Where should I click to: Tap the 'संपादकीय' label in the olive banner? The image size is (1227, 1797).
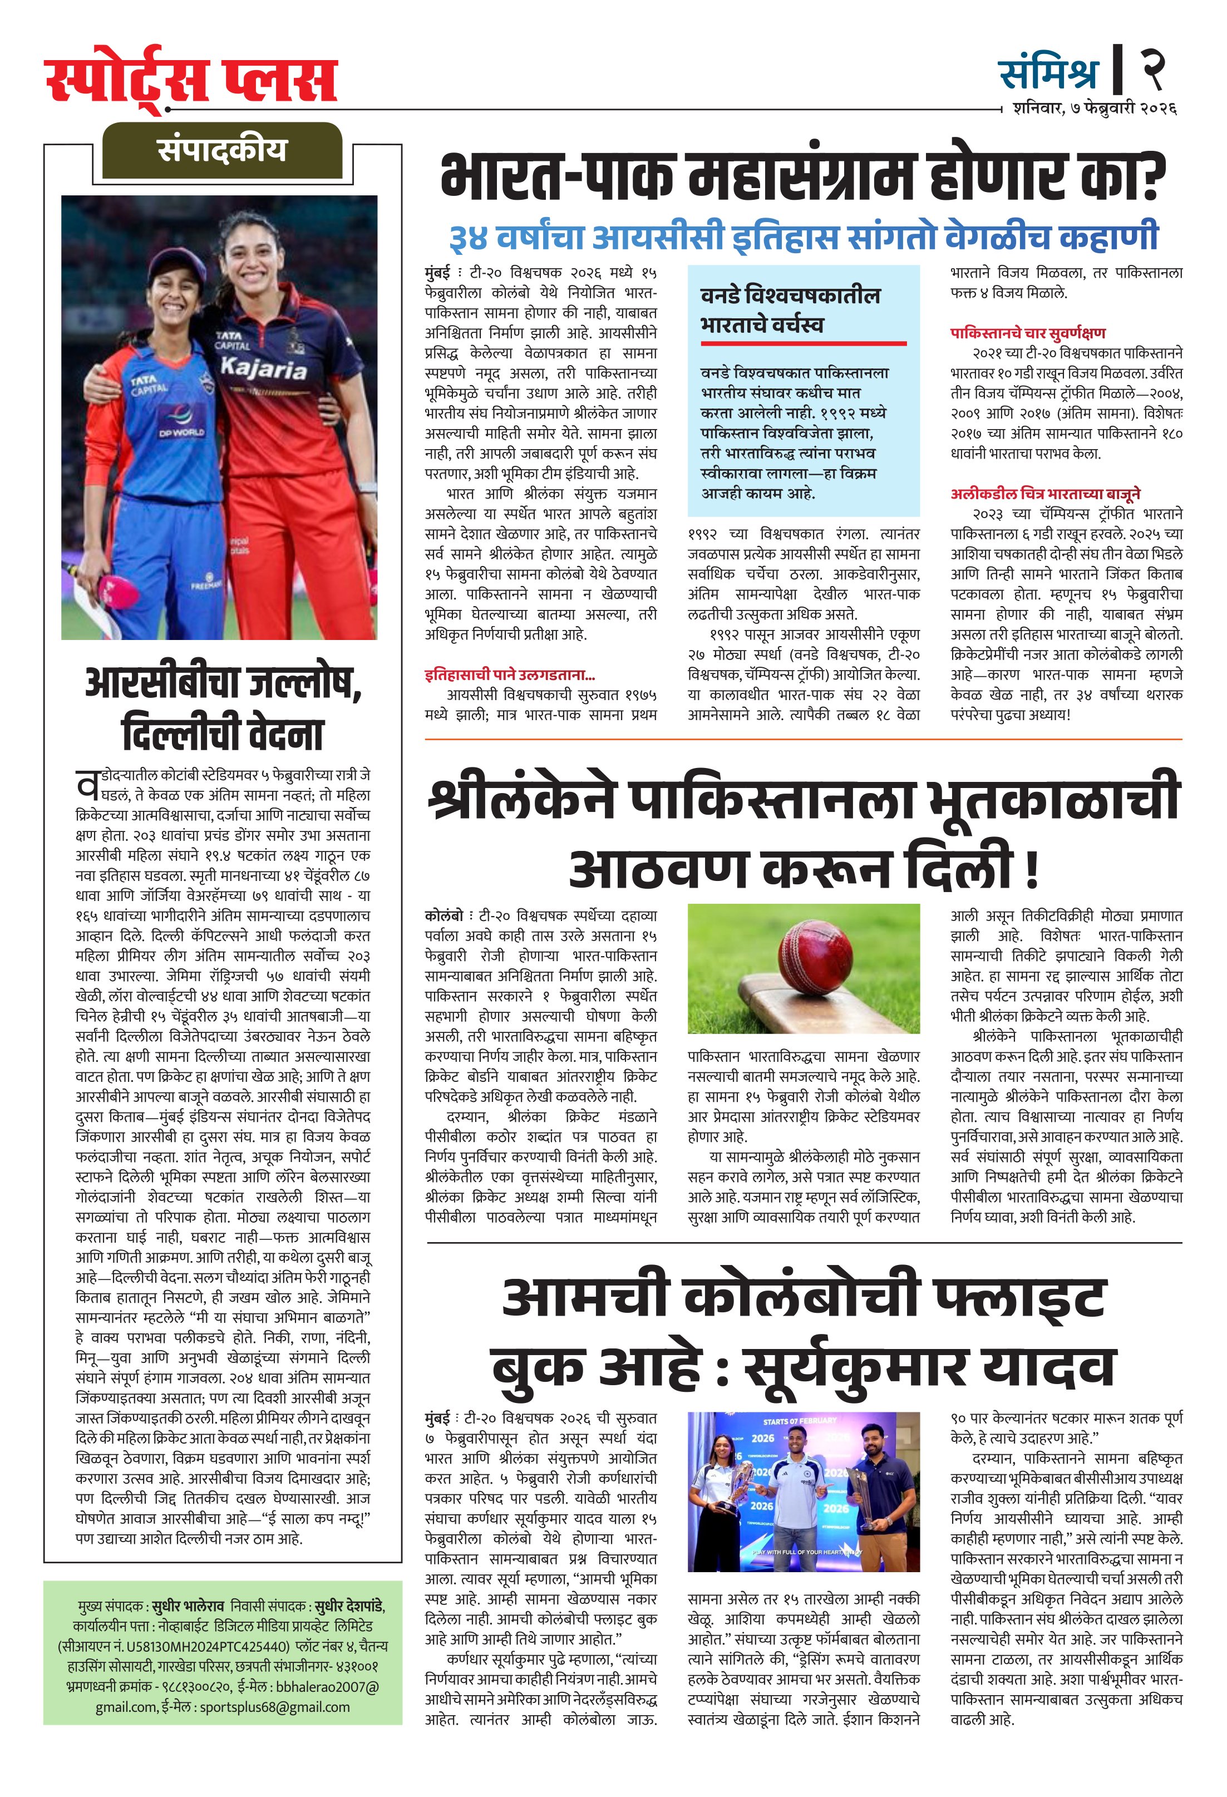pyautogui.click(x=222, y=151)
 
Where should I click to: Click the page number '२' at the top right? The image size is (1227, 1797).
pyautogui.click(x=1152, y=72)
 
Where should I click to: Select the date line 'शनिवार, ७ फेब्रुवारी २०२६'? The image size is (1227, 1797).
pyautogui.click(x=1094, y=109)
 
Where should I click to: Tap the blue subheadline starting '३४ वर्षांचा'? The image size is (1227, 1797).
pyautogui.click(x=804, y=237)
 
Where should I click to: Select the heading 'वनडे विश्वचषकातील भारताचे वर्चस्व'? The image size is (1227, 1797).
pyautogui.click(x=790, y=309)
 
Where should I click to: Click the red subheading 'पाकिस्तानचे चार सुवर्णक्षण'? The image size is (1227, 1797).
pyautogui.click(x=1028, y=333)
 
